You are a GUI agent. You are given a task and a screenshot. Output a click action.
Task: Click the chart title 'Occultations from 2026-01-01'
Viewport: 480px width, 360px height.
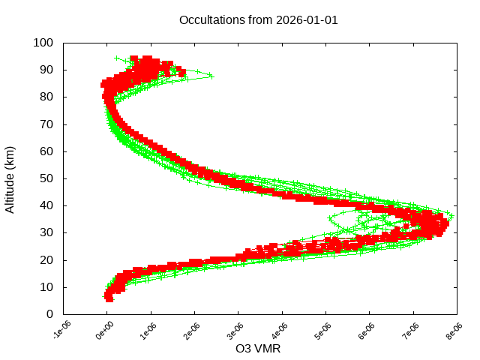259,20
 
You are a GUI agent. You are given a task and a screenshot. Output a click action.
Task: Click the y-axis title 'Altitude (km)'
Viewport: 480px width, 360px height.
10,178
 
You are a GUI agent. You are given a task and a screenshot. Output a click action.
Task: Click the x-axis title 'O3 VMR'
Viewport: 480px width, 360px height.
259,348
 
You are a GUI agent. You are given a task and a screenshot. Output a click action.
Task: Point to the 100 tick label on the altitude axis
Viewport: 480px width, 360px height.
43,43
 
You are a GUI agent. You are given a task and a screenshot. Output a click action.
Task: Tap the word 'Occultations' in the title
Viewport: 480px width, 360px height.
213,20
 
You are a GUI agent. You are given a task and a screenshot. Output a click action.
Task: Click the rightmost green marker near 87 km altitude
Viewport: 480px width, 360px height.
212,76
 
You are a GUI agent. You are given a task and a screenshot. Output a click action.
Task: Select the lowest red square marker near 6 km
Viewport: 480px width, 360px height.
109,298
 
